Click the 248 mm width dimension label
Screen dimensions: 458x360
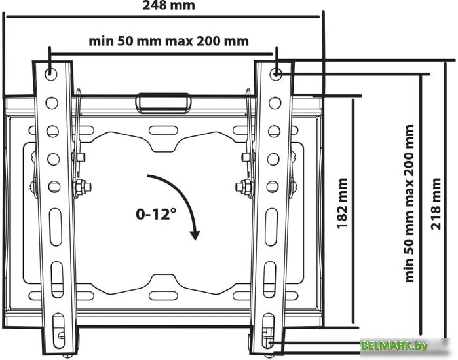(168, 5)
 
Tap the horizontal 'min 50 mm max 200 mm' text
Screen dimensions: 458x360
(168, 41)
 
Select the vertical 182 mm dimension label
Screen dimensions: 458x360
(342, 204)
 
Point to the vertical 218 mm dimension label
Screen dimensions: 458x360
(436, 204)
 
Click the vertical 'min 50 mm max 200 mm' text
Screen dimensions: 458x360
(410, 204)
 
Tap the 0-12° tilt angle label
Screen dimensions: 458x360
(156, 215)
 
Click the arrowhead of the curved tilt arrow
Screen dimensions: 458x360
(195, 235)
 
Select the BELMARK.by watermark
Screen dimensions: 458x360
(394, 346)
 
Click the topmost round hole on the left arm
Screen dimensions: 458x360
(51, 74)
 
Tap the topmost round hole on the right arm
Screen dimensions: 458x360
(275, 74)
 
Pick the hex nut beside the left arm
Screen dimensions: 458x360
(80, 185)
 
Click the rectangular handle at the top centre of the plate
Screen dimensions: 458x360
(163, 103)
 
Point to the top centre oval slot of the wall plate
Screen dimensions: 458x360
(163, 130)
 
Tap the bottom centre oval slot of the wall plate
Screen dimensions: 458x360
(163, 295)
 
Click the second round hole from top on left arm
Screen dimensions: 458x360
(52, 103)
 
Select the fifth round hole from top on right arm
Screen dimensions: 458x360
(273, 187)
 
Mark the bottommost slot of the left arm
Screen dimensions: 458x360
(58, 331)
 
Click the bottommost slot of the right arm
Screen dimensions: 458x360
(268, 331)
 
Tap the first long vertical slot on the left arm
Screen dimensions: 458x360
(56, 227)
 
